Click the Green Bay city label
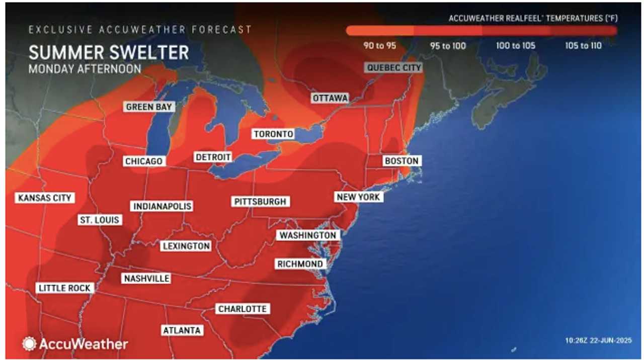[x=150, y=107]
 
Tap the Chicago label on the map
[x=144, y=161]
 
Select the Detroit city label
[x=213, y=157]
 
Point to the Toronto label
[x=273, y=134]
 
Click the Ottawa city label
[x=330, y=98]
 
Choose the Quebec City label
[x=394, y=67]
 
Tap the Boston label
[x=401, y=161]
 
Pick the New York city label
[x=359, y=197]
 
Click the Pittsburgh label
[x=260, y=202]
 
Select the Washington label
[x=308, y=235]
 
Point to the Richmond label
[x=300, y=264]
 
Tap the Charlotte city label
[x=242, y=309]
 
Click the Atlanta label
[x=182, y=330]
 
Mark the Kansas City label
[x=45, y=198]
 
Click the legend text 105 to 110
[x=583, y=46]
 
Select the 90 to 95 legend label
[x=380, y=46]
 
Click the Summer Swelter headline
[x=109, y=52]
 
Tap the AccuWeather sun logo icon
[x=29, y=343]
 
